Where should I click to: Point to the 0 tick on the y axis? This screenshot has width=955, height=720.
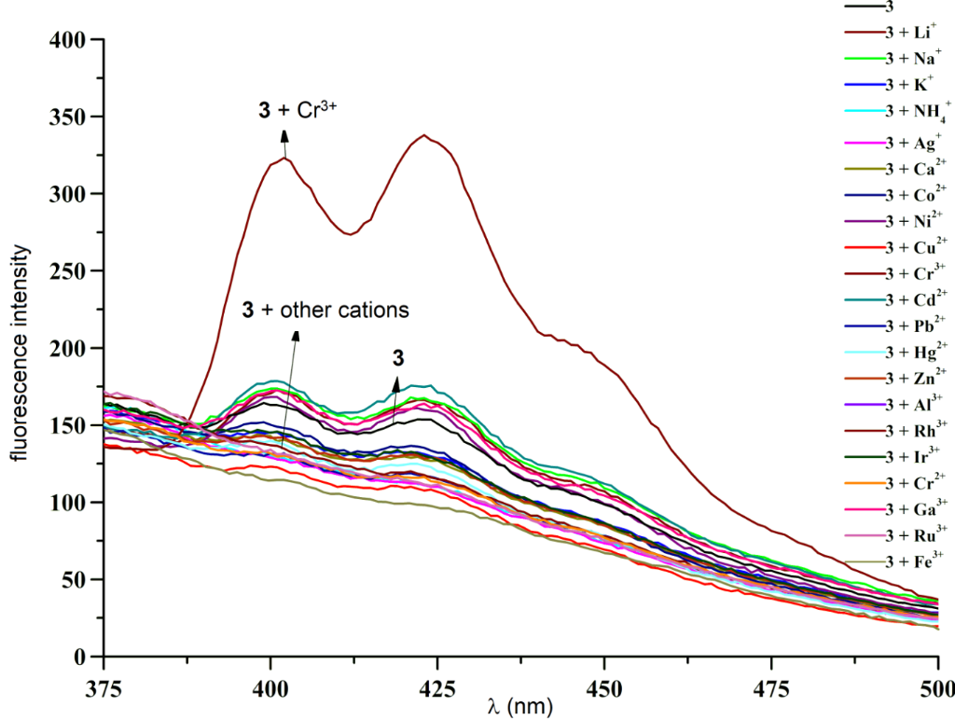(x=80, y=657)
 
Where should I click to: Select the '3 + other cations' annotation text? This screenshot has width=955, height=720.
(x=325, y=310)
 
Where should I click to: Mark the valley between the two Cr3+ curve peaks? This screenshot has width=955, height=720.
(x=351, y=234)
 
